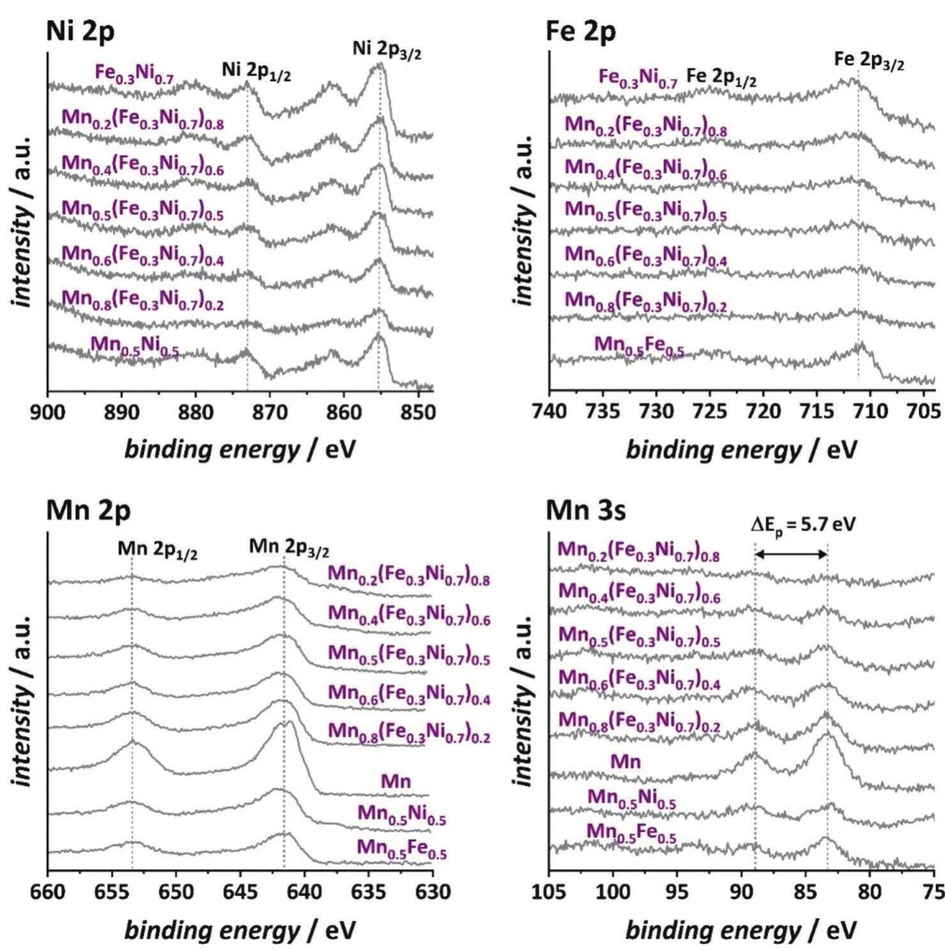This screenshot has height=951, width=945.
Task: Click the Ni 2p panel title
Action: (x=80, y=32)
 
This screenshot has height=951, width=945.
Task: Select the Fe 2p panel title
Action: (x=581, y=32)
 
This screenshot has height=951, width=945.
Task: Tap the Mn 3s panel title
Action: (x=586, y=511)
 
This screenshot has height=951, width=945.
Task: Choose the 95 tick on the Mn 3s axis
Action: (x=677, y=891)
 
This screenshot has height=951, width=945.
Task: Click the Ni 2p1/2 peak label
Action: (x=256, y=71)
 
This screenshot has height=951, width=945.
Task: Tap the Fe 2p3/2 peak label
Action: (x=869, y=61)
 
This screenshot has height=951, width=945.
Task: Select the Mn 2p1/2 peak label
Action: (x=157, y=549)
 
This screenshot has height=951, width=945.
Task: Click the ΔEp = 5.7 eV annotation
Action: (x=803, y=525)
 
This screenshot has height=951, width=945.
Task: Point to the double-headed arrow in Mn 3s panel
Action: (x=791, y=555)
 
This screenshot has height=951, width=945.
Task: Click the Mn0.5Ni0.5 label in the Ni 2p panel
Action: (x=134, y=345)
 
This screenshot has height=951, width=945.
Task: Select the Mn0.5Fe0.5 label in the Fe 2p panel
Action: (x=639, y=345)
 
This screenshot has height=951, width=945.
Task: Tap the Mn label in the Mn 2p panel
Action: (x=396, y=781)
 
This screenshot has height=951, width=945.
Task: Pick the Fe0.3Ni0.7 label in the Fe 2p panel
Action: (x=637, y=78)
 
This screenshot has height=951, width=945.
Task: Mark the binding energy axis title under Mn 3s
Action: (x=741, y=930)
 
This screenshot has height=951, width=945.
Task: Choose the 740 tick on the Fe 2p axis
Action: (x=549, y=412)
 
